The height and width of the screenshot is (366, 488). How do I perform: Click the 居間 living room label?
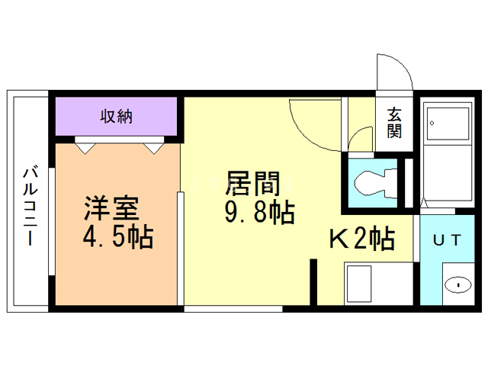tap(259, 184)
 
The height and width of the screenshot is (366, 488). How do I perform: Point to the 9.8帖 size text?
tap(259, 213)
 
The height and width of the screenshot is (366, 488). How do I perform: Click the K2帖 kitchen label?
tap(361, 239)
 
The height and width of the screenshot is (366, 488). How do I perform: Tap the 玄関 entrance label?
tap(394, 123)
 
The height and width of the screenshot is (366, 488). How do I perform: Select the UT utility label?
tap(447, 239)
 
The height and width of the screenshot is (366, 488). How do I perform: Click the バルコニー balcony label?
tap(29, 205)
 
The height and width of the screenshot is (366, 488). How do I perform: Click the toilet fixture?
tap(373, 182)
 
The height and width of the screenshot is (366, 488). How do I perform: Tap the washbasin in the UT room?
tap(457, 284)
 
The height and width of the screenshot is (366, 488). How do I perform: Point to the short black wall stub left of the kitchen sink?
tap(313, 281)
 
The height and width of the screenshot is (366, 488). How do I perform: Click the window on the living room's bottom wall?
tap(233, 309)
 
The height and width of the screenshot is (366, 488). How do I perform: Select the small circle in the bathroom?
tap(432, 123)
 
